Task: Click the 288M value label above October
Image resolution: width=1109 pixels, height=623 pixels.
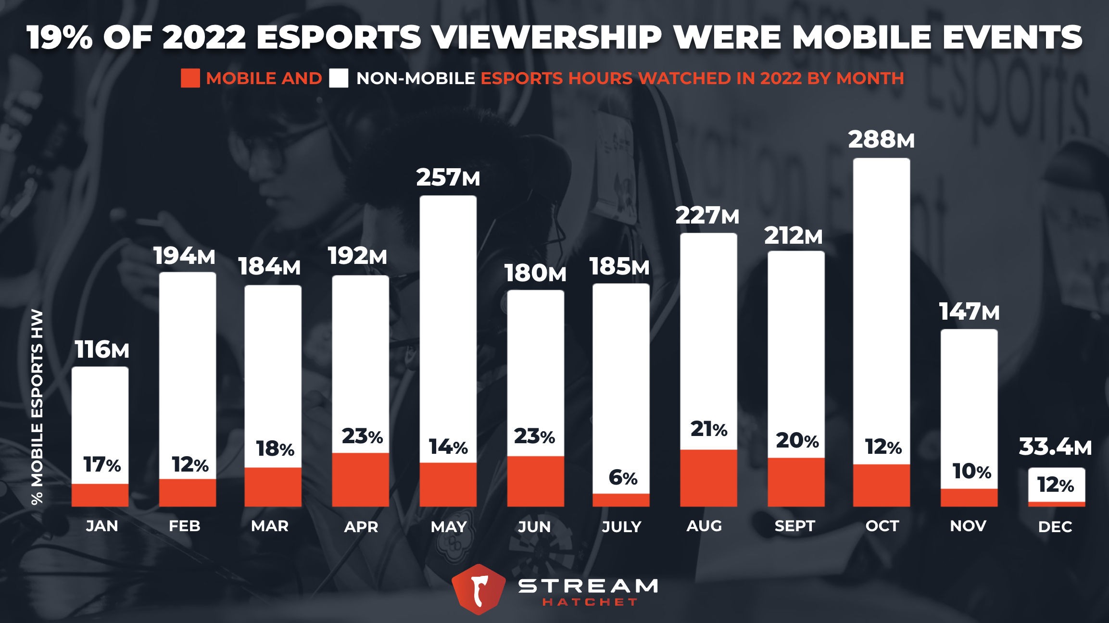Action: [881, 140]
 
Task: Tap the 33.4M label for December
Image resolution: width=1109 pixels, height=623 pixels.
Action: [1055, 447]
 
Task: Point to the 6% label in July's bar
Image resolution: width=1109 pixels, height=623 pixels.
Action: [623, 478]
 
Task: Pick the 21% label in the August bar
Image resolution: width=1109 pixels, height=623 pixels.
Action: [709, 429]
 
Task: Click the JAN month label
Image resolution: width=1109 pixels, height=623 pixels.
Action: [102, 526]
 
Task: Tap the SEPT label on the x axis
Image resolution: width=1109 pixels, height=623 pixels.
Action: [794, 526]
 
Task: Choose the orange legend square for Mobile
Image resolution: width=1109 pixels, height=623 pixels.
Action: [190, 78]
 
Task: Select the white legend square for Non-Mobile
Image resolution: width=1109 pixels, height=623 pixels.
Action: [339, 78]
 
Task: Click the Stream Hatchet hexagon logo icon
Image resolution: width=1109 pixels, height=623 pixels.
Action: [479, 589]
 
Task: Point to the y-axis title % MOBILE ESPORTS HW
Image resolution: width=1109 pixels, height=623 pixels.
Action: [37, 407]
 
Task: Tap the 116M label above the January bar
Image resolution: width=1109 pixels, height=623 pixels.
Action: [102, 349]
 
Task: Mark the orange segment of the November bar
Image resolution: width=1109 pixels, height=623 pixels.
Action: [969, 498]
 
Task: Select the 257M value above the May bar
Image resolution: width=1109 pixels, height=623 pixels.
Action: [448, 177]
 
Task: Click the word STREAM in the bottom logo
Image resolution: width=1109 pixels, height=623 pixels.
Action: [588, 586]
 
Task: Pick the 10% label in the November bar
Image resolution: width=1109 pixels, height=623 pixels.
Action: [971, 471]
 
